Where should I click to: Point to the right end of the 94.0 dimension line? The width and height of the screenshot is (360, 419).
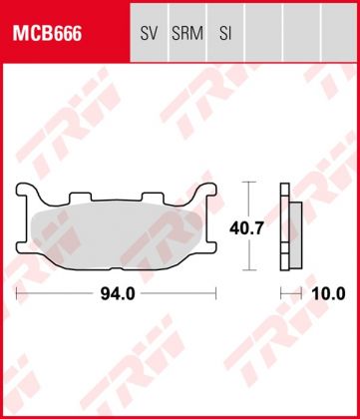216,294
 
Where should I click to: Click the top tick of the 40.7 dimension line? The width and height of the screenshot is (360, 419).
251,184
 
